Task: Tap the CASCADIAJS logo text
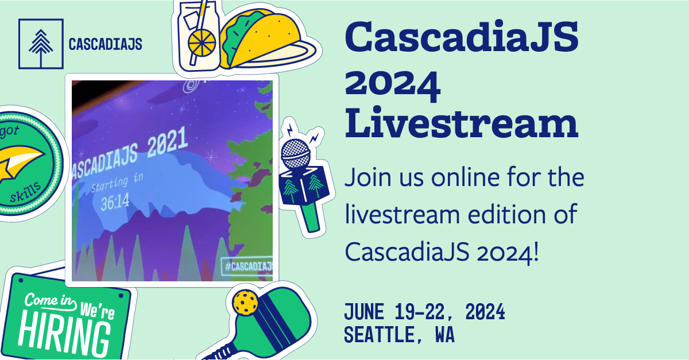pos(104,44)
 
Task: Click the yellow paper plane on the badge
pos(23,161)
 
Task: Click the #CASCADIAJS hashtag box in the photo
pos(246,268)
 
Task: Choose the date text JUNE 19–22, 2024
pos(424,313)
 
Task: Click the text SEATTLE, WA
pos(399,335)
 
